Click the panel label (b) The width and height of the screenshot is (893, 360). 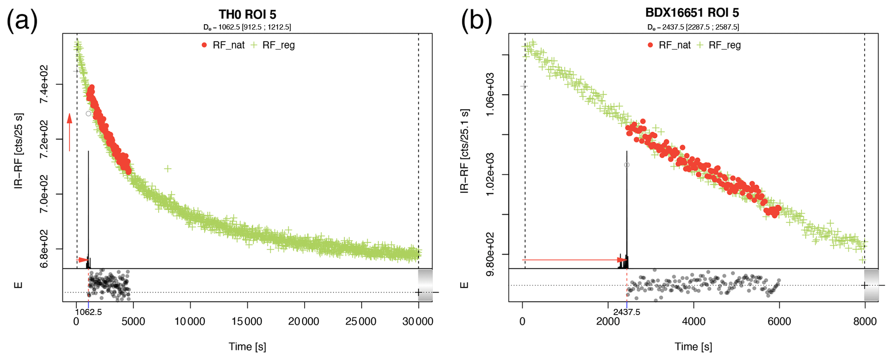tap(477, 20)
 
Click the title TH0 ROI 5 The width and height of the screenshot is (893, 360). tap(247, 14)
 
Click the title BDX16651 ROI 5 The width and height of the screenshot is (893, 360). tap(692, 13)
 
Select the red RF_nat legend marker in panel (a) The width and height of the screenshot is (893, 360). tap(204, 45)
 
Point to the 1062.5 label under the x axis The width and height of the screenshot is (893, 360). tap(89, 312)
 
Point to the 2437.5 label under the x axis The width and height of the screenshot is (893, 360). tap(626, 312)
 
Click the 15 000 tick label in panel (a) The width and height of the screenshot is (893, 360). tap(248, 322)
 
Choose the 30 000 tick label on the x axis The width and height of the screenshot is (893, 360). tap(418, 322)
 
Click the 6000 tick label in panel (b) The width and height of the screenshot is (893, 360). tap(779, 322)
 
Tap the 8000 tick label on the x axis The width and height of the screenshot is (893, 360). tap(864, 322)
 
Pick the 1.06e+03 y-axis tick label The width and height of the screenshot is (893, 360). tap(491, 95)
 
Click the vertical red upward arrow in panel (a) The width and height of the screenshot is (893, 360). tap(69, 132)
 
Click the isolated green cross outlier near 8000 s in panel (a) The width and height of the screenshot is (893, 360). tap(168, 169)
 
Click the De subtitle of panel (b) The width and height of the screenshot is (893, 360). tap(693, 27)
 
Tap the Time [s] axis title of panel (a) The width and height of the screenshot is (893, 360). tap(247, 347)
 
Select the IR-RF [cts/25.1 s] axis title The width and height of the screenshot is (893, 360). tap(465, 151)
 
